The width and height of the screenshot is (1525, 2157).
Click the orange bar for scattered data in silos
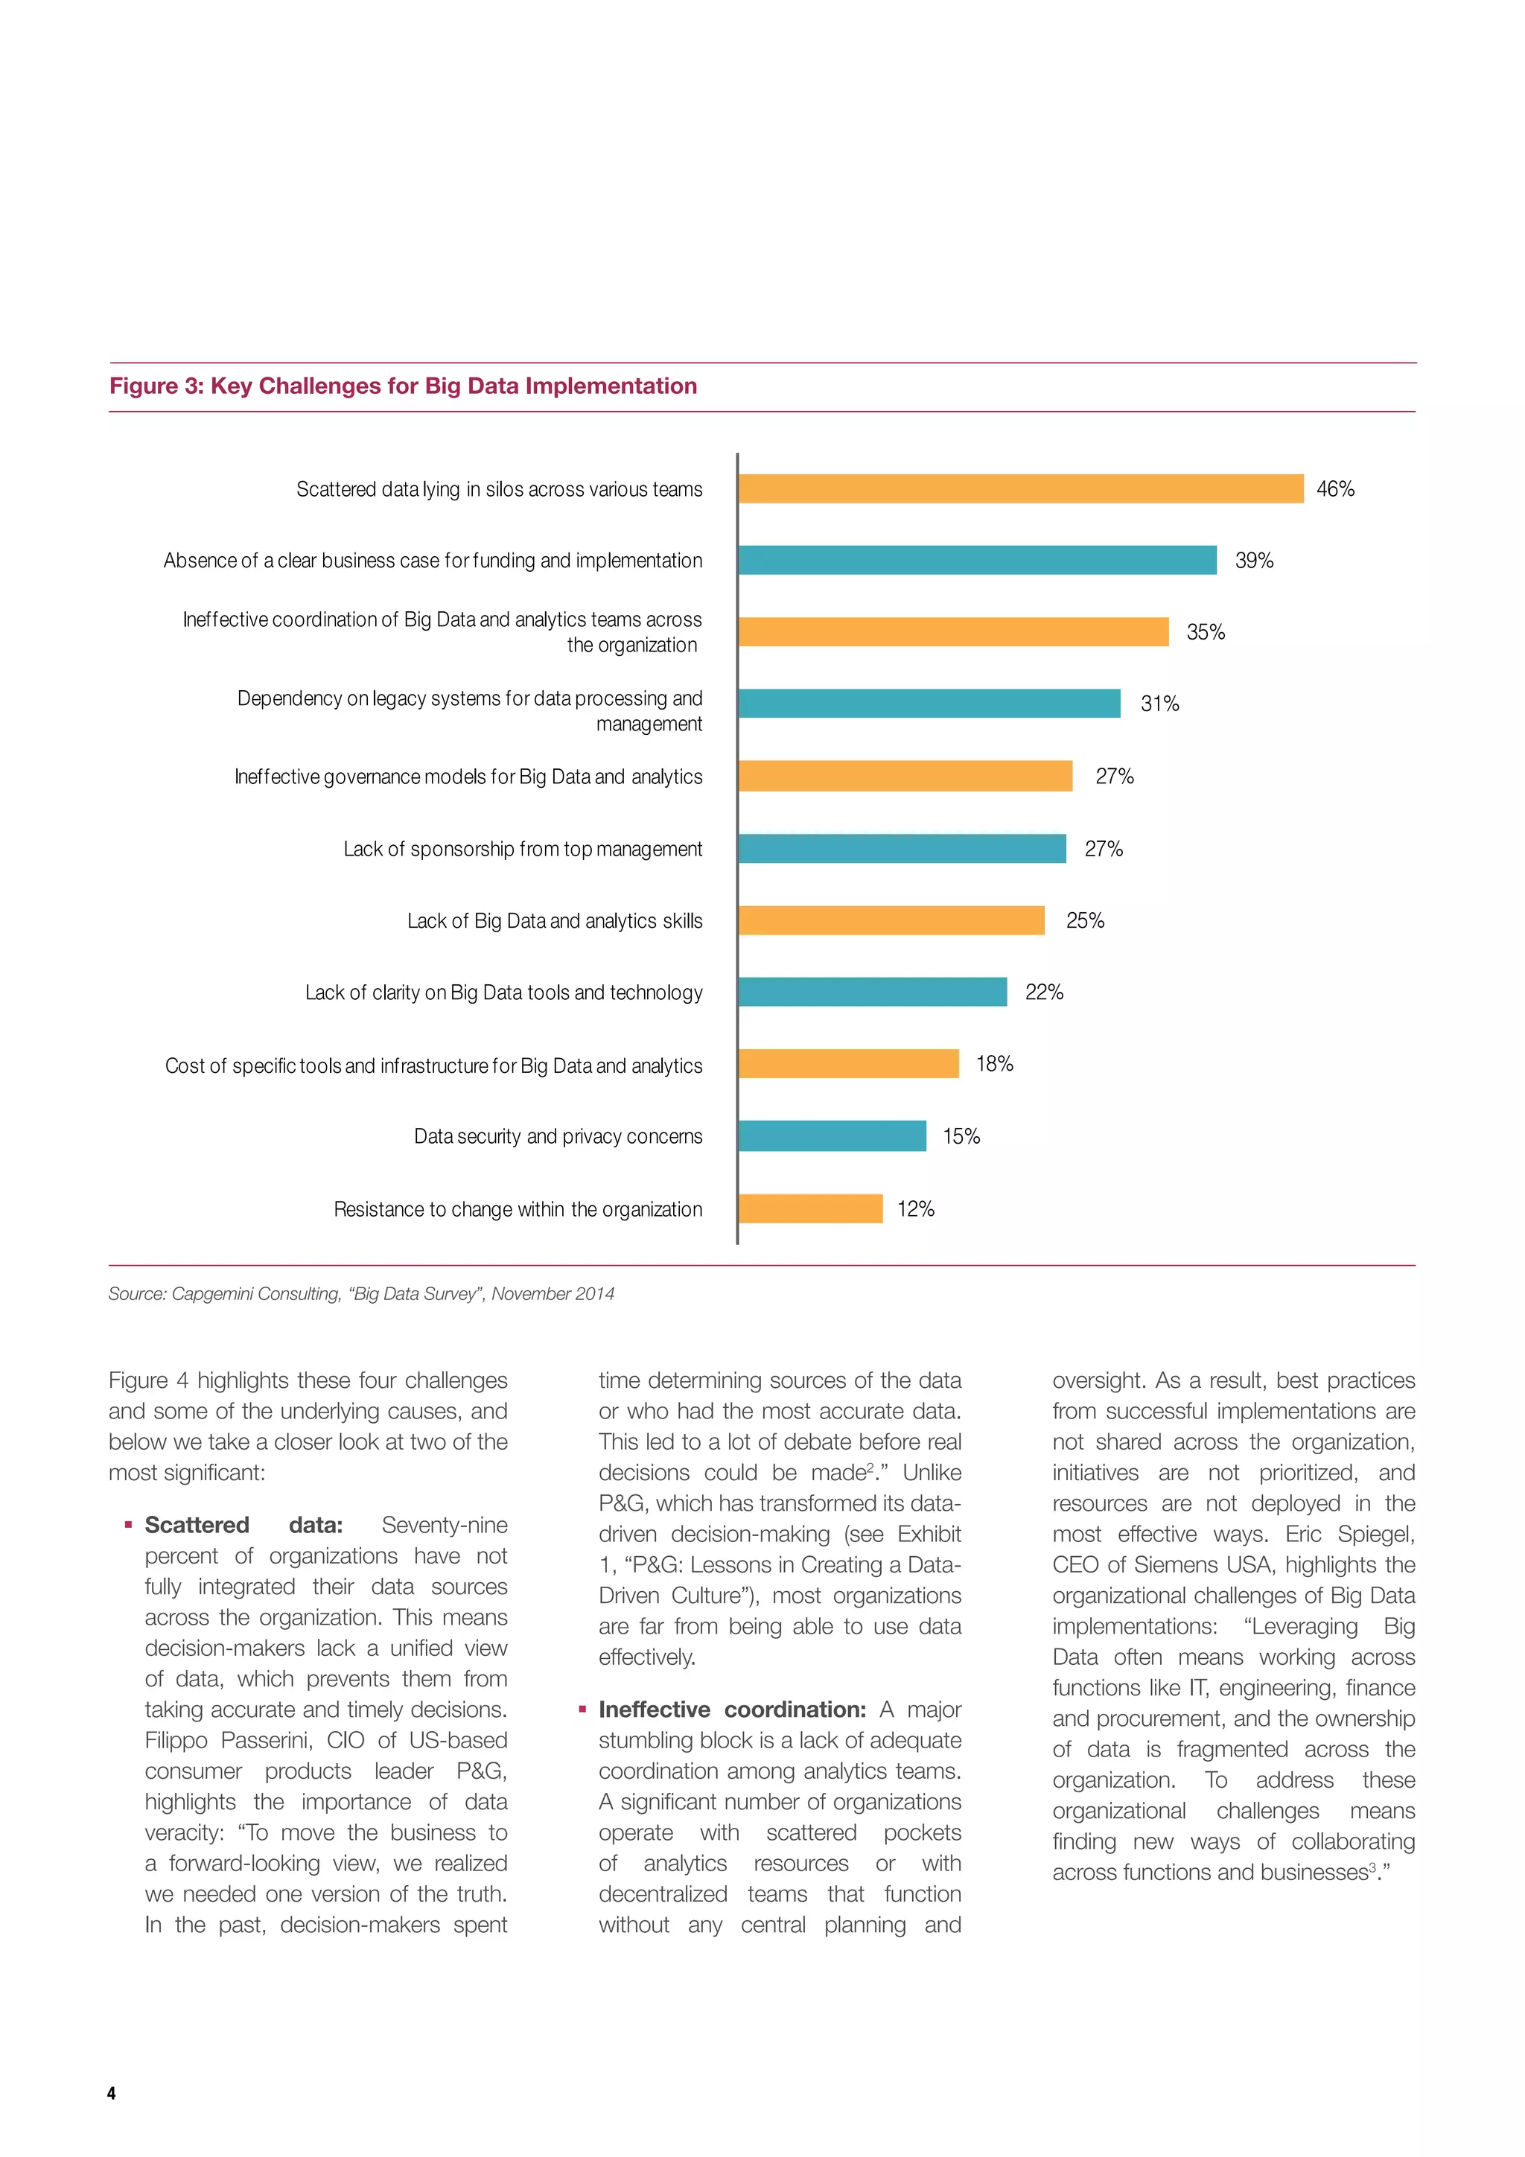point(1020,488)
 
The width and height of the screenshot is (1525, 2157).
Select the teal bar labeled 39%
point(977,560)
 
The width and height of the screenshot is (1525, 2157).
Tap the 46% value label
point(1334,488)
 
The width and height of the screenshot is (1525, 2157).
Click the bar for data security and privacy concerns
point(832,1135)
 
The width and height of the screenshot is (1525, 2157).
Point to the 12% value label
point(915,1209)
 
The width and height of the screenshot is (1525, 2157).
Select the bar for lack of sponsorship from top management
point(902,848)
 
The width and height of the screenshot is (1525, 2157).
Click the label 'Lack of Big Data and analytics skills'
point(554,921)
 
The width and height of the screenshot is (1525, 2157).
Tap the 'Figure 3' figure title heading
point(403,386)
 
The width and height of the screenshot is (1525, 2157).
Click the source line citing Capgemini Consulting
point(361,1293)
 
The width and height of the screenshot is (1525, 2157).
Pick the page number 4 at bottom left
point(112,2093)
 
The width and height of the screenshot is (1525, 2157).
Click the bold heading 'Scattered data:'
point(243,1525)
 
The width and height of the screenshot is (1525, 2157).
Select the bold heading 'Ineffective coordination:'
point(732,1709)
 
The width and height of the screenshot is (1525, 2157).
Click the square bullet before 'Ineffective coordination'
point(582,1709)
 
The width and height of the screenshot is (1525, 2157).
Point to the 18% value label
point(994,1063)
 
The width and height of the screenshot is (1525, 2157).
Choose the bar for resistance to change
point(810,1208)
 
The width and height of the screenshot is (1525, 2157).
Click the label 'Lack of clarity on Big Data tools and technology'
point(503,992)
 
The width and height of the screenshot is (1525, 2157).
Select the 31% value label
point(1159,704)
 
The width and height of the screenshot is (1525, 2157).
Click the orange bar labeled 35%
point(953,631)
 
